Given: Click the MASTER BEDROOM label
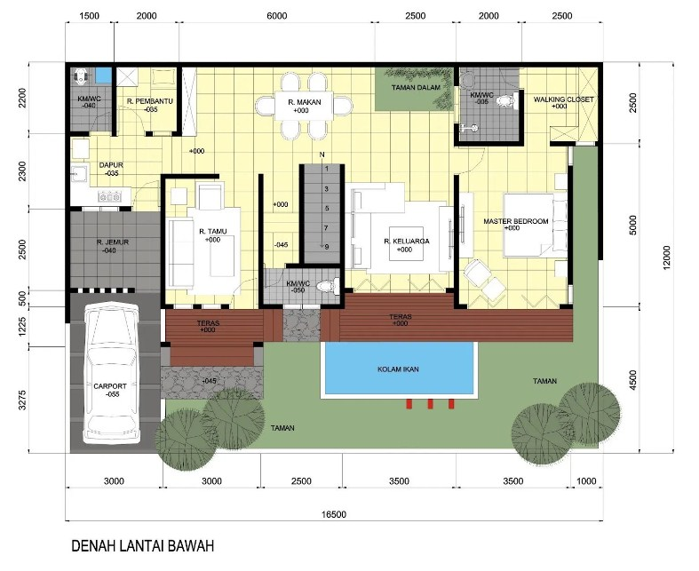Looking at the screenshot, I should [x=516, y=221].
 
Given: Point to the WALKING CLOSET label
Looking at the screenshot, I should [x=563, y=99].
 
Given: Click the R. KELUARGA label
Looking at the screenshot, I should [x=404, y=242].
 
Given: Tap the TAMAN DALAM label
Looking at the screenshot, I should [x=417, y=89].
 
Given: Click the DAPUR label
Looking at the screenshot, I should [x=110, y=165].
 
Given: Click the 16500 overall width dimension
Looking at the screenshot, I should [x=334, y=514].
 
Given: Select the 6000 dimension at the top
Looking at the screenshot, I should [x=277, y=17].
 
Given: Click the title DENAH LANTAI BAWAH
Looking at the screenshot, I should [x=143, y=546].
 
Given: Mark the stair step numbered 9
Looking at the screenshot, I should [x=326, y=246].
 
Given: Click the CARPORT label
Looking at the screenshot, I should [x=111, y=387].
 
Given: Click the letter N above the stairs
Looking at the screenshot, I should [x=323, y=155].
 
